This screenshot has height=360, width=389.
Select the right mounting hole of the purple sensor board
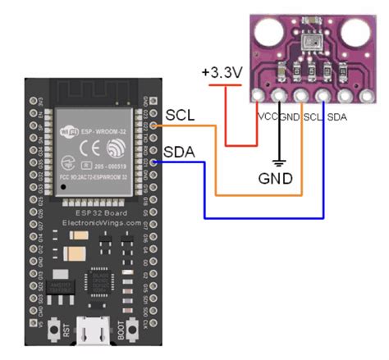point(356,35)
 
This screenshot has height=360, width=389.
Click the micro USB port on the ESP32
point(92,332)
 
